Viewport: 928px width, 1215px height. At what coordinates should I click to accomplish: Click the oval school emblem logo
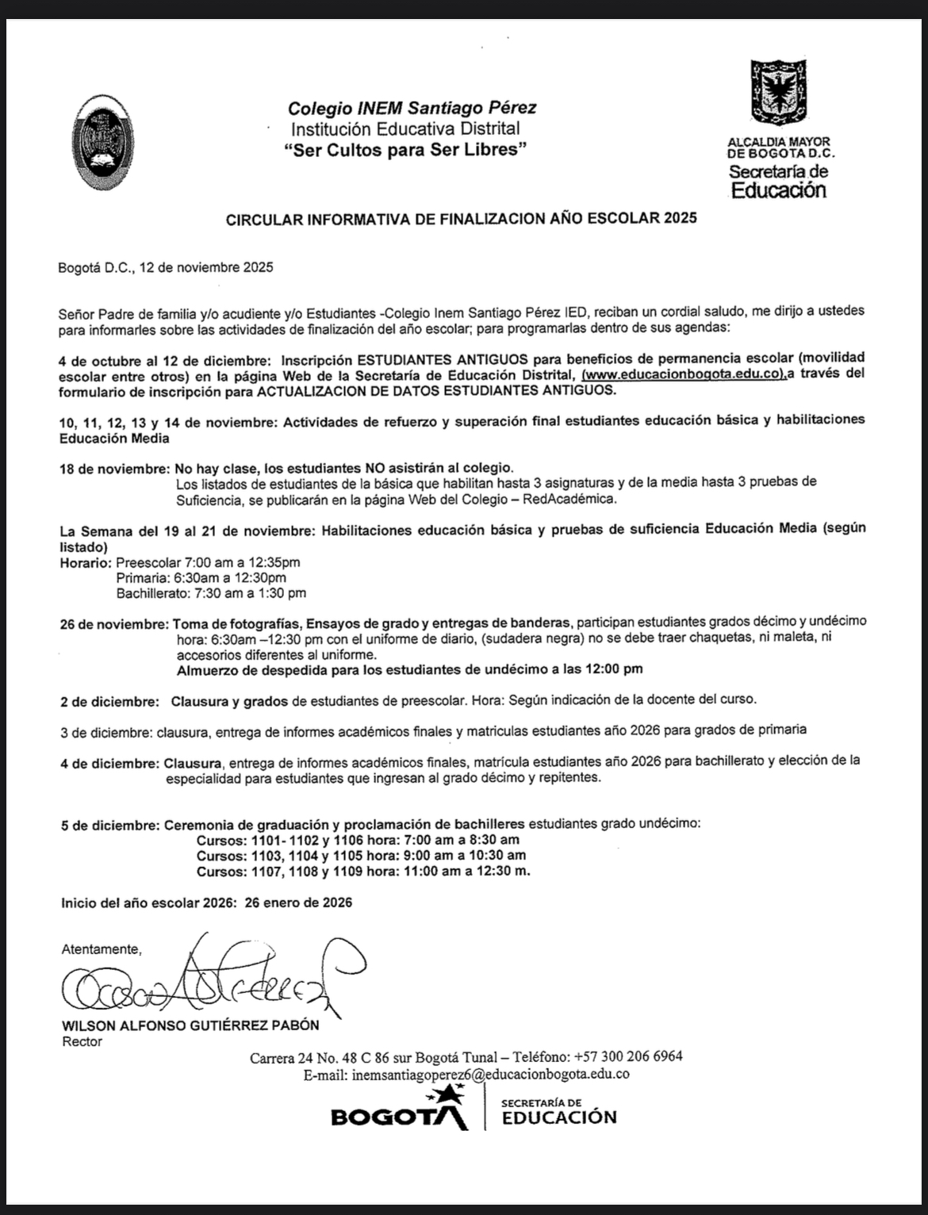(102, 143)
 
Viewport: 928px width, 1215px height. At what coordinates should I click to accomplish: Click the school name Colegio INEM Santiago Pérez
(412, 108)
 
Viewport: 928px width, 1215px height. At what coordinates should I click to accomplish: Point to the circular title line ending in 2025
(461, 218)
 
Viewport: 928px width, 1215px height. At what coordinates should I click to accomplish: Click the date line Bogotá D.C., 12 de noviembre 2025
(166, 267)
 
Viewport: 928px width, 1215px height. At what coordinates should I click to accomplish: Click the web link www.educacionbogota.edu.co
(684, 374)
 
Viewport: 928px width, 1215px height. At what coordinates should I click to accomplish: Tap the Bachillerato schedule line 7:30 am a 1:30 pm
(210, 592)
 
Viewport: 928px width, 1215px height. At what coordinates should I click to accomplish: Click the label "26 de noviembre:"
(115, 623)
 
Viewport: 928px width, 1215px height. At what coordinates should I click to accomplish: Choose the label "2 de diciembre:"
(109, 701)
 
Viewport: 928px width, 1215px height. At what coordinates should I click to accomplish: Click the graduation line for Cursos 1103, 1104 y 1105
(361, 855)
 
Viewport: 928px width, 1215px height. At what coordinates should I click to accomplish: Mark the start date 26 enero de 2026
(298, 903)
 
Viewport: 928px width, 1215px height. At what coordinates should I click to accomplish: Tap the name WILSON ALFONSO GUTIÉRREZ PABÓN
(190, 1025)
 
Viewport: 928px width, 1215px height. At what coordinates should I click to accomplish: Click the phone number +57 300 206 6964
(627, 1056)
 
